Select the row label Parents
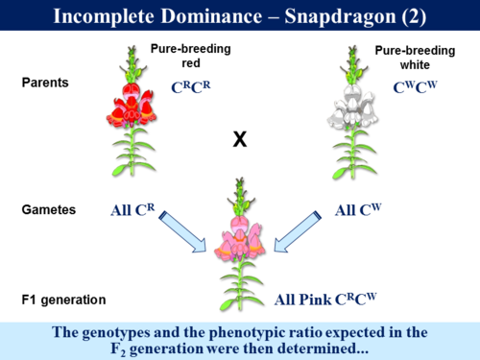pyautogui.click(x=45, y=83)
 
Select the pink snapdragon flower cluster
pyautogui.click(x=241, y=236)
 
